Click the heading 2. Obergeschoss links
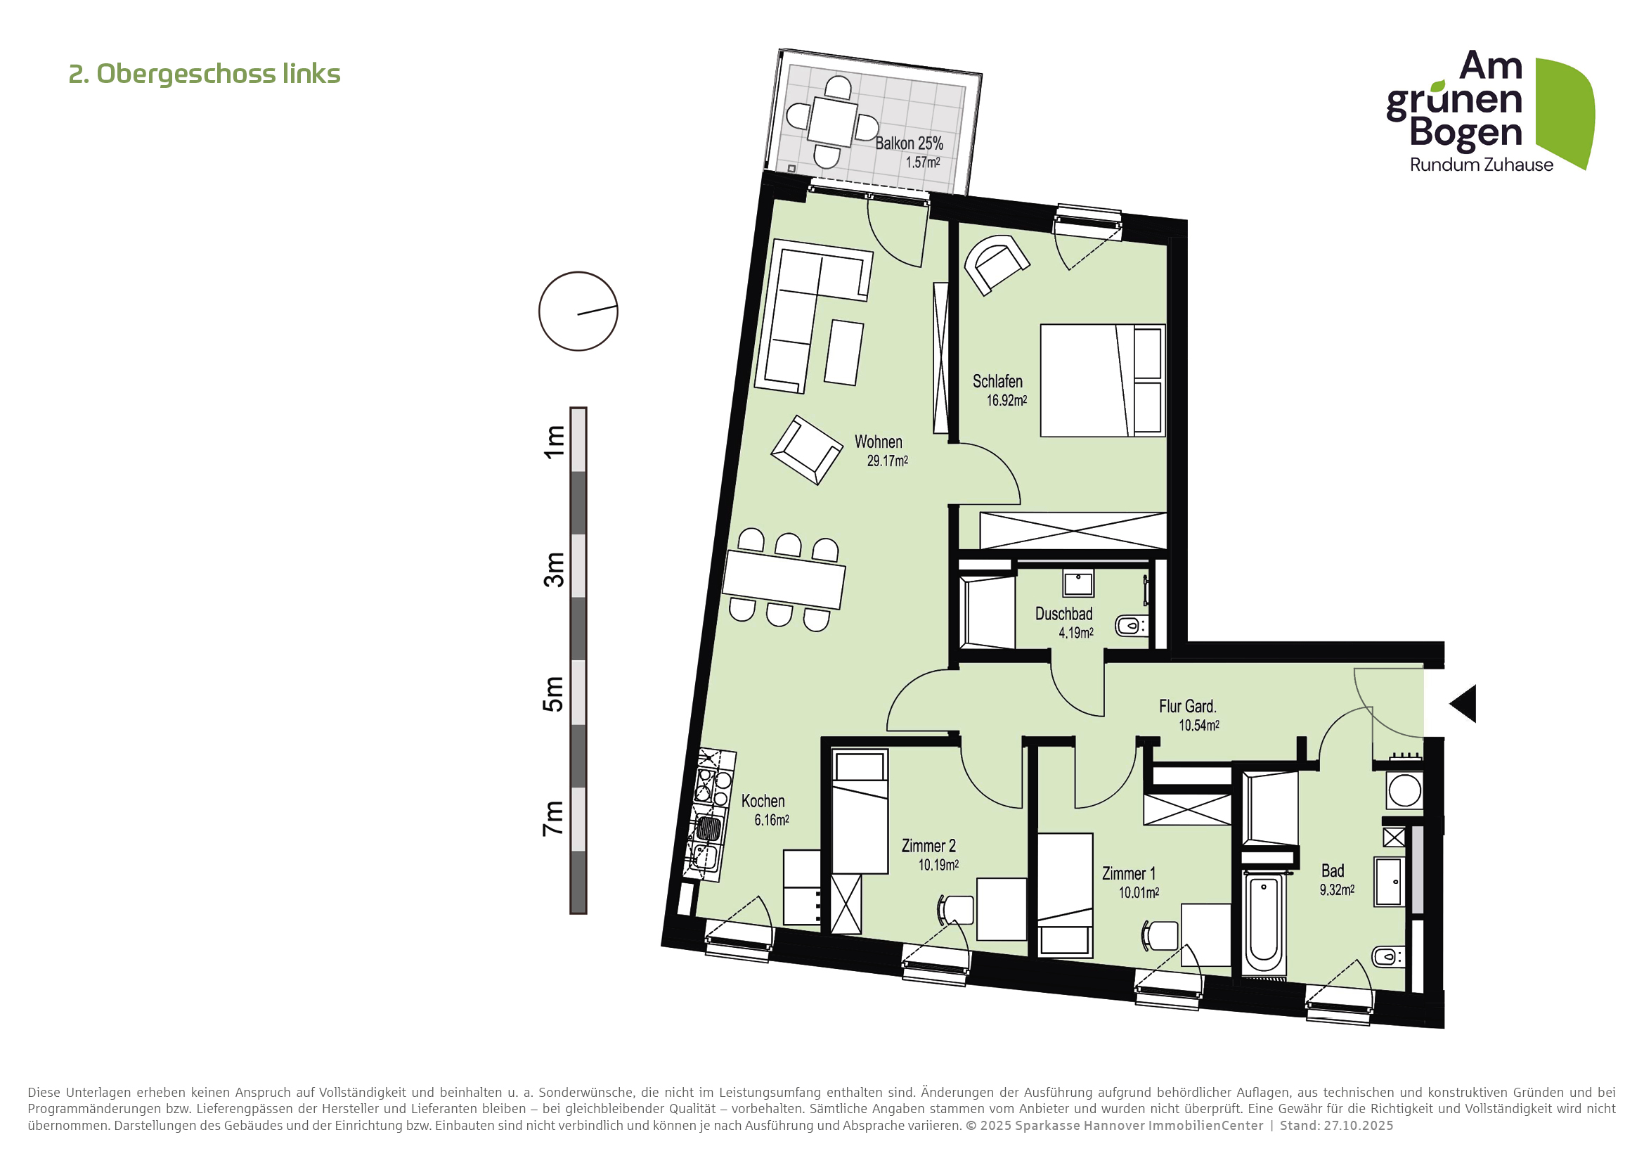tap(204, 74)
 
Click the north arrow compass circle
tap(578, 311)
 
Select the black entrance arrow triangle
tap(1465, 703)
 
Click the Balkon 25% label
tap(909, 143)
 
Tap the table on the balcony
tap(832, 122)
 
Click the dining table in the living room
tap(783, 579)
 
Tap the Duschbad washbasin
tap(1077, 584)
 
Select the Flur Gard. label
tap(1187, 706)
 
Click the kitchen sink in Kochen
tap(708, 829)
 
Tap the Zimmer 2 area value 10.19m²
tap(938, 865)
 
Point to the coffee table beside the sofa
tap(843, 352)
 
